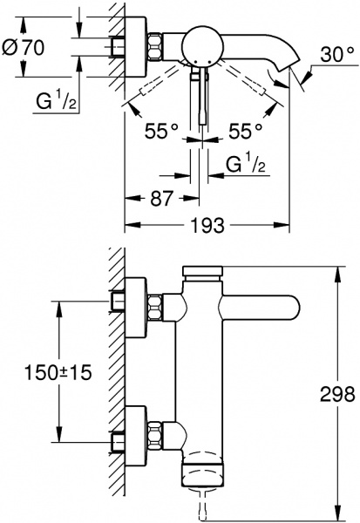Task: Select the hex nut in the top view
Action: point(155,47)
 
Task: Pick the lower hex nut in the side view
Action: point(155,433)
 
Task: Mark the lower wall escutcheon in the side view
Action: point(132,433)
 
